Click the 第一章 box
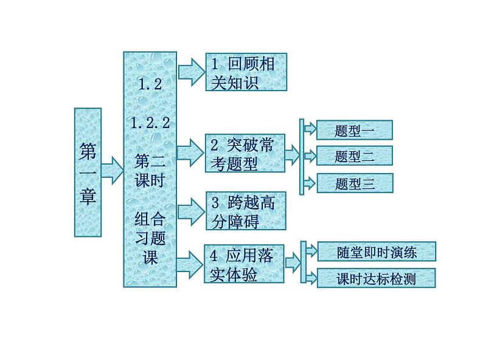(88, 172)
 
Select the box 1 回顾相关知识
(245, 72)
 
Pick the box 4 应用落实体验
(245, 265)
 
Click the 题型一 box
(355, 130)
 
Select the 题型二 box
(355, 156)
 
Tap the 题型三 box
(355, 183)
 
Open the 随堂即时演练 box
(377, 251)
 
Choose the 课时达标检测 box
(377, 279)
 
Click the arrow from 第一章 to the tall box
(111, 170)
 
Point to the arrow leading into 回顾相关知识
(192, 70)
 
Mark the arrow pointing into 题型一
(310, 129)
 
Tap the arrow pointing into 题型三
(310, 183)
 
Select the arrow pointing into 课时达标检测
(310, 279)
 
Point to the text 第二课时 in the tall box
(150, 171)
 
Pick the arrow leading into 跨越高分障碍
(192, 210)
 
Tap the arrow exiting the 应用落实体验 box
(293, 263)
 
